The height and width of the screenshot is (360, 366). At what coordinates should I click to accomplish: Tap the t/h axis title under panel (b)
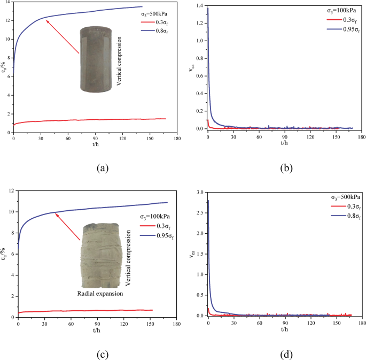(284, 142)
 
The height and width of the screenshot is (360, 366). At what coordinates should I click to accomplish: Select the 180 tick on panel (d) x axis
(362, 324)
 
